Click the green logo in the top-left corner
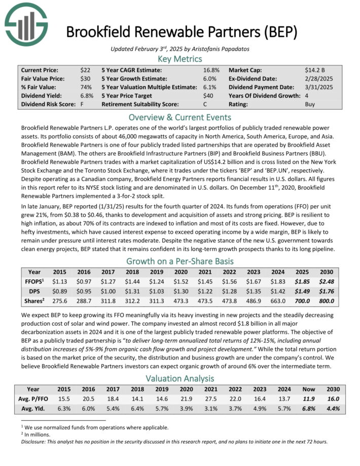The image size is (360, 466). click(x=25, y=25)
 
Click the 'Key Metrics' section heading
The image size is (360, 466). click(x=180, y=59)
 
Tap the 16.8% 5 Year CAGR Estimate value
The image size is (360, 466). click(x=211, y=70)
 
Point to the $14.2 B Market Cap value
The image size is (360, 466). click(x=314, y=70)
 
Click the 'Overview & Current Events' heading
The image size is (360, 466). click(x=180, y=116)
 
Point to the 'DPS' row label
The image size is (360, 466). click(x=34, y=292)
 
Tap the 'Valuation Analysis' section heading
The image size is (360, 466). click(x=180, y=378)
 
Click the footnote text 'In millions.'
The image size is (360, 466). click(x=42, y=434)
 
